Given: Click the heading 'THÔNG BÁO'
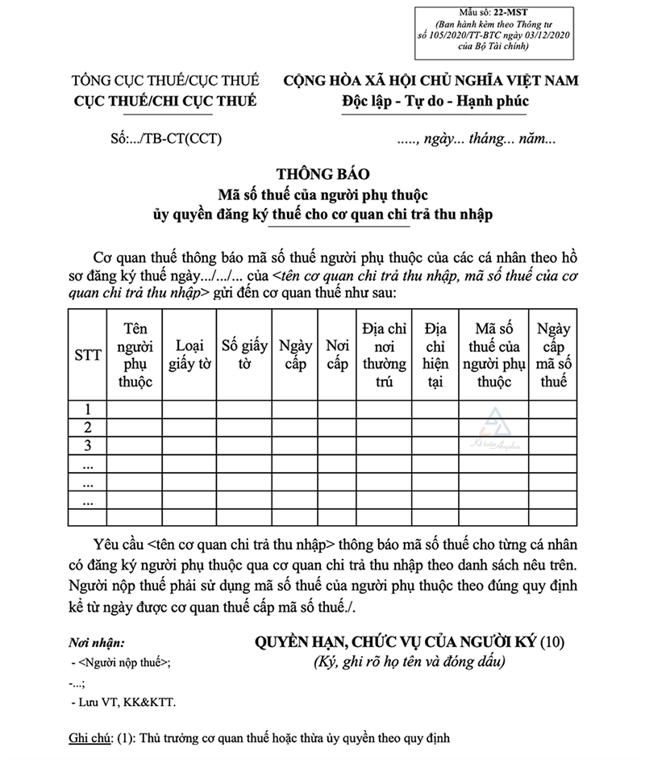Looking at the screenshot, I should point(322,173).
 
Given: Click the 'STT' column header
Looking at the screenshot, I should point(87,355).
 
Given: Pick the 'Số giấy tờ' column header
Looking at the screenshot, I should point(244,355).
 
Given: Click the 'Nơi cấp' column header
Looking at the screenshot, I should point(337,355).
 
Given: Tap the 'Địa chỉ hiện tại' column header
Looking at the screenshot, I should point(435,355).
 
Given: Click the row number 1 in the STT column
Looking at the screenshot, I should point(87,409).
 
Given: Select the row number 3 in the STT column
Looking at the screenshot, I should point(87,445).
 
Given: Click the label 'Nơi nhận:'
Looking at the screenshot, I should point(97,644).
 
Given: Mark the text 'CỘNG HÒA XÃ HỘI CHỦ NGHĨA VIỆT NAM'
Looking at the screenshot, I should point(431,81).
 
